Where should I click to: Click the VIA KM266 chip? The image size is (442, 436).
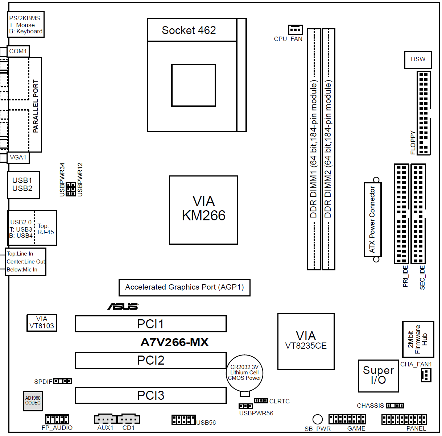203,210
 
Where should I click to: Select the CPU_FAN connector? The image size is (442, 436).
295,29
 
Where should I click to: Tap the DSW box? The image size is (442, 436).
418,59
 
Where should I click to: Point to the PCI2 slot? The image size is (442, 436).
150,360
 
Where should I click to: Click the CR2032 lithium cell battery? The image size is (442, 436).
245,373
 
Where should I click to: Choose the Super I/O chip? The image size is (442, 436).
378,375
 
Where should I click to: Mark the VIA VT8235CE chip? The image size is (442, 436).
306,341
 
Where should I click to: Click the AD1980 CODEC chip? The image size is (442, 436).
33,400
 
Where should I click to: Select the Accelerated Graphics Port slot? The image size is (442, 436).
184,287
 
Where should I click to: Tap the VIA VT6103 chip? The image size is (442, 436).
42,323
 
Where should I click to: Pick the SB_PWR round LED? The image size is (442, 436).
317,419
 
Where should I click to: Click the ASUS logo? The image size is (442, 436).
123,307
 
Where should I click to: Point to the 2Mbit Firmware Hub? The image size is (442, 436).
418,339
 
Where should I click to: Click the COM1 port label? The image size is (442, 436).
18,51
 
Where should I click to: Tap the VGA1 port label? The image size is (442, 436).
18,157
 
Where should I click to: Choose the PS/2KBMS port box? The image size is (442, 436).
26,25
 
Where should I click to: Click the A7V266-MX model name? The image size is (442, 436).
174,342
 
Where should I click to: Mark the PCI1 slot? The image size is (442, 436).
150,324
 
